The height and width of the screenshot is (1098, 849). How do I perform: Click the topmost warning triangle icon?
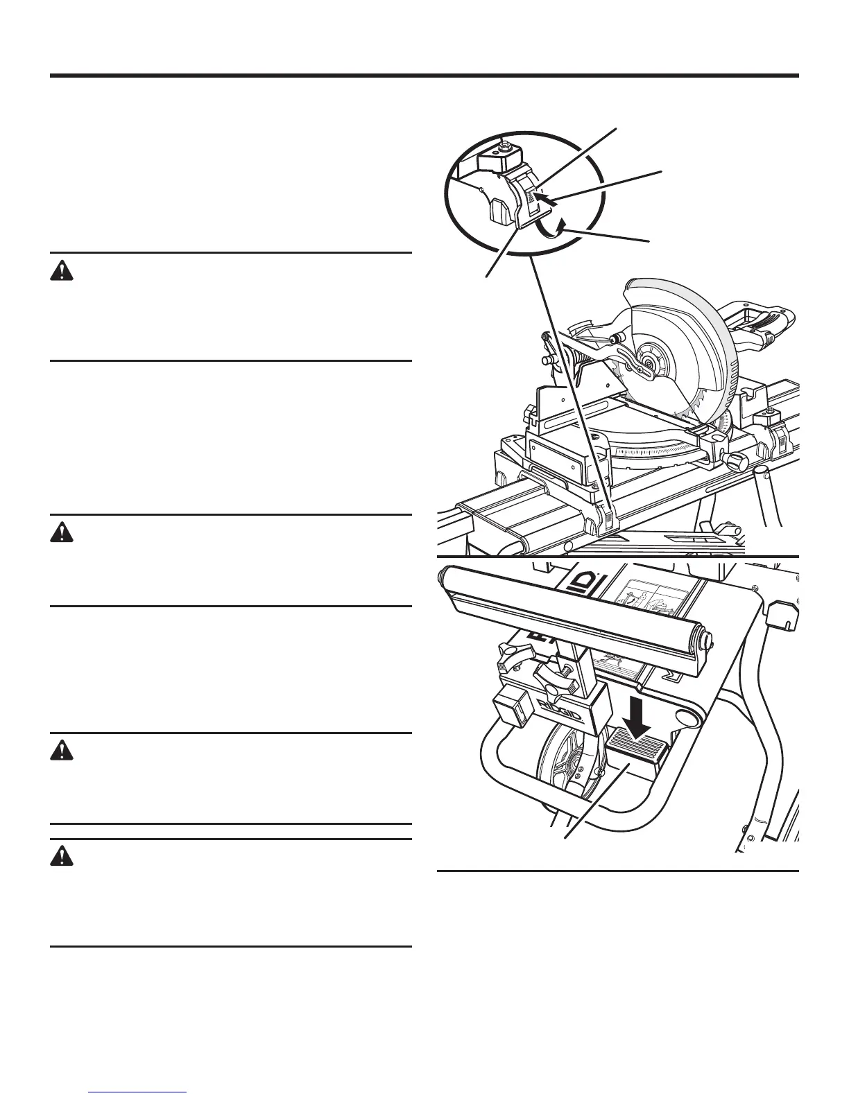click(62, 271)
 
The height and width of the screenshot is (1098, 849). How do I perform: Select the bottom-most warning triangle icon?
click(62, 857)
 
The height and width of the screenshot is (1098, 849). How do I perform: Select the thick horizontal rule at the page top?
click(424, 76)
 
